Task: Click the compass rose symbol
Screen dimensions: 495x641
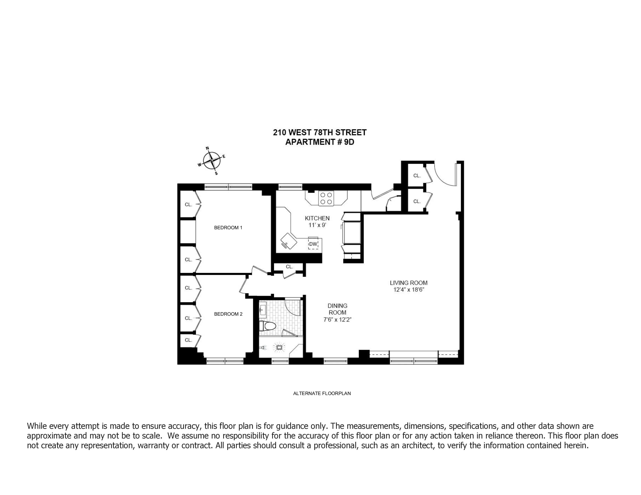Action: [x=212, y=161]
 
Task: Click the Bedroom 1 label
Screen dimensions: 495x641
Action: [x=228, y=228]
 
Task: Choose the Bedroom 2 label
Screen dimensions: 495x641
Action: [x=228, y=314]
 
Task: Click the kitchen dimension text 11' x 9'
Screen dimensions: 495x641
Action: [x=317, y=225]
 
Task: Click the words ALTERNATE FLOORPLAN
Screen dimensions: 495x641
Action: [x=322, y=393]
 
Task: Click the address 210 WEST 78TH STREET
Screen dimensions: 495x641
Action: [x=320, y=133]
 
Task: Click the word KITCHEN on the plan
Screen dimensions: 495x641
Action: [x=317, y=218]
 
